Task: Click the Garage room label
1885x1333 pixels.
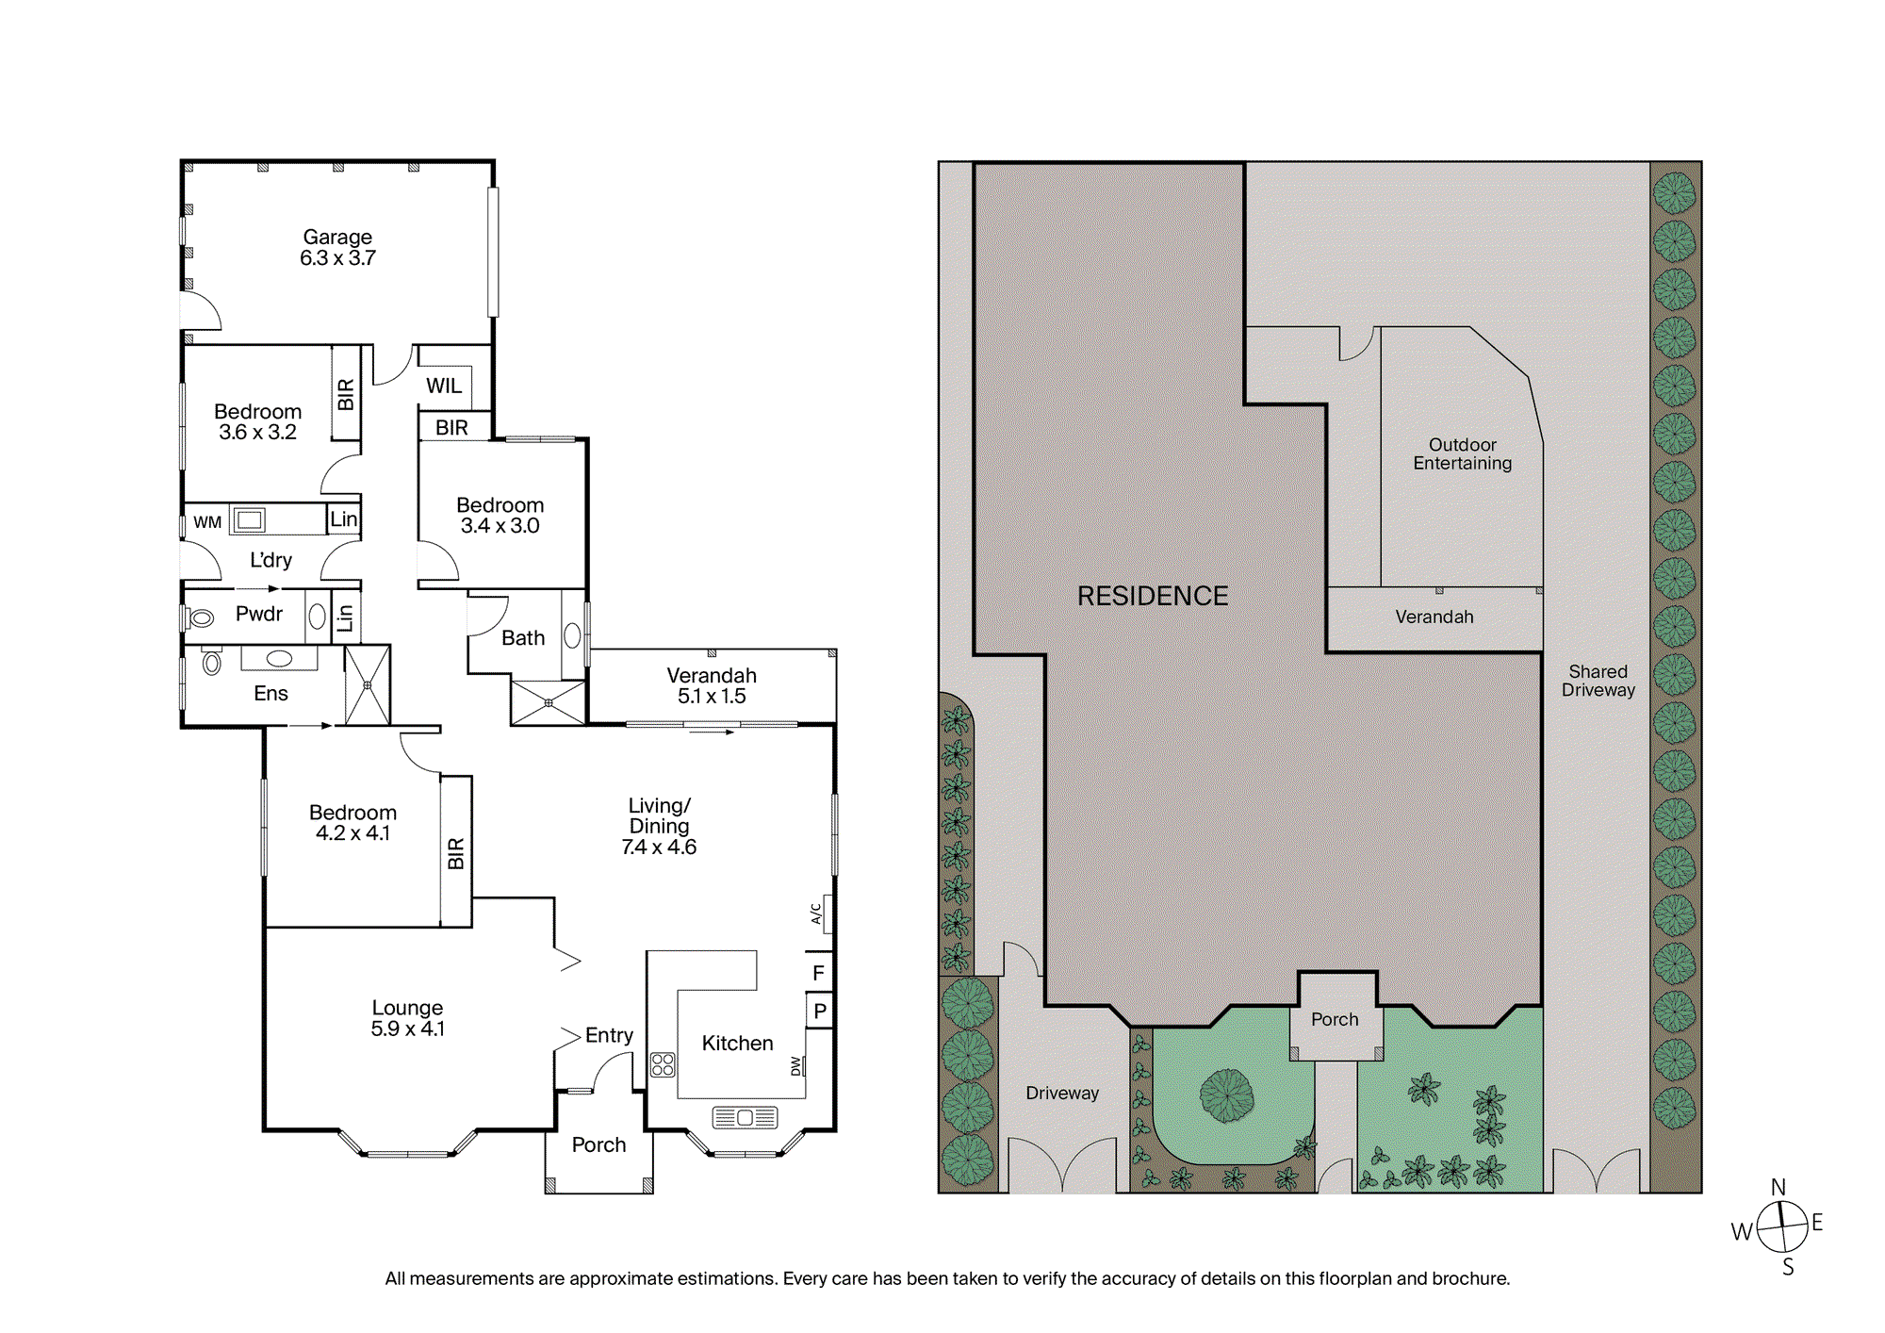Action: pos(337,237)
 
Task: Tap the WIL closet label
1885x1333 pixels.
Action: pos(444,386)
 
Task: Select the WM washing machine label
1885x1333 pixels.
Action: pos(207,522)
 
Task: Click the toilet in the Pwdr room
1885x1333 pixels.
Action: pos(200,618)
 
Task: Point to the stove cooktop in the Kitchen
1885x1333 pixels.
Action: pos(663,1064)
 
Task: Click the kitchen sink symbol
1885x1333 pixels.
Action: pos(745,1117)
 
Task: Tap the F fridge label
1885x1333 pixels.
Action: pos(818,973)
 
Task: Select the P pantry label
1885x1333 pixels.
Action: pos(820,1011)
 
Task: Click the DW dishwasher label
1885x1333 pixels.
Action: pos(796,1066)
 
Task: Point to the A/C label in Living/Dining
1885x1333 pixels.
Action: pos(816,913)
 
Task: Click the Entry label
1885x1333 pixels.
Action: pos(609,1035)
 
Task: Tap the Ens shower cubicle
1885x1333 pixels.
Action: pos(368,685)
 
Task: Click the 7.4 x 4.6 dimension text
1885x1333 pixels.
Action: pos(659,847)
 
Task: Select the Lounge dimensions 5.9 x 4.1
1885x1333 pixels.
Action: pos(407,1029)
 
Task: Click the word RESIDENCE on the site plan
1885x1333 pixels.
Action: pos(1153,596)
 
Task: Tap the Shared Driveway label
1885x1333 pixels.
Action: pos(1598,681)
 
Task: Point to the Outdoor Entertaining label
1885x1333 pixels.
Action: pos(1463,453)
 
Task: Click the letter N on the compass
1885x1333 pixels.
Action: pos(1778,1187)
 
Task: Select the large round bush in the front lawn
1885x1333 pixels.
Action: pos(1226,1095)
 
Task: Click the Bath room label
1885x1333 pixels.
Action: pos(523,638)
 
